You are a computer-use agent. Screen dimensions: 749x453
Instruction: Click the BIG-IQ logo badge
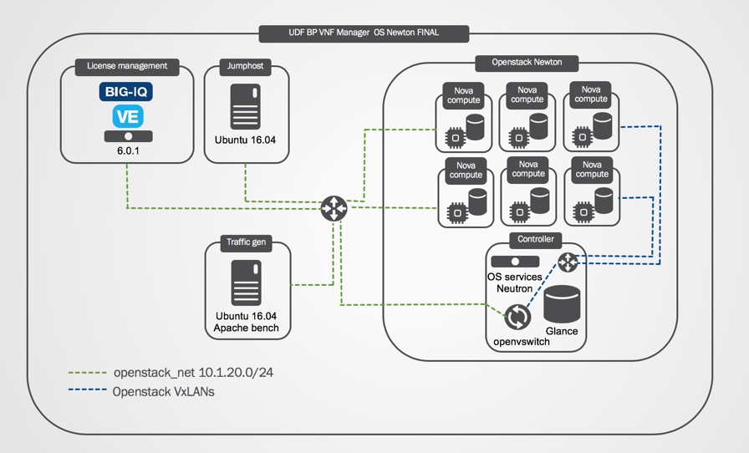(x=126, y=91)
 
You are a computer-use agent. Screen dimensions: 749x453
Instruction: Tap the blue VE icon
(x=128, y=116)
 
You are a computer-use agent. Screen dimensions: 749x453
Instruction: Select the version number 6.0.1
(x=128, y=150)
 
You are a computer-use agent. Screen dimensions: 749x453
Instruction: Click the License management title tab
(x=127, y=66)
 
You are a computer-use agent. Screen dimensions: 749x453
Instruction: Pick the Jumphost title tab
(x=245, y=66)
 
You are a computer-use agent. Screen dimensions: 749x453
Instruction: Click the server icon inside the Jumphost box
(x=246, y=106)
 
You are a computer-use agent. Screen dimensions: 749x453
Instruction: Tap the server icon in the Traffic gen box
(x=247, y=282)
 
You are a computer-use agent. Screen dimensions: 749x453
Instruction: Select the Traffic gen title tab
(x=246, y=242)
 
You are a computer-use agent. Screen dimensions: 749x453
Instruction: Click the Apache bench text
(x=246, y=328)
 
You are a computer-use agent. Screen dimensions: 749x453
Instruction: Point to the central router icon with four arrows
(x=334, y=208)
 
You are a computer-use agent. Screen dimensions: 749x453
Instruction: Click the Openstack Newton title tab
(x=527, y=63)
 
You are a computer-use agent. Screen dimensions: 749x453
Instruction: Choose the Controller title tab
(x=536, y=239)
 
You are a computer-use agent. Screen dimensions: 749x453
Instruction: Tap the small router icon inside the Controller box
(x=568, y=262)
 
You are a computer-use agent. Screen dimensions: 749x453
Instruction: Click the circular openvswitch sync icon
(x=517, y=317)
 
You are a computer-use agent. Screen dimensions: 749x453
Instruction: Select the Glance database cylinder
(x=562, y=304)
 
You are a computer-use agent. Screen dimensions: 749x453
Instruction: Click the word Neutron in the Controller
(x=514, y=288)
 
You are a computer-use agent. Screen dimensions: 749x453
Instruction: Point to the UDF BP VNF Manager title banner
(x=364, y=33)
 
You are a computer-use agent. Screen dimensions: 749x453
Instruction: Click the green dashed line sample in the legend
(x=88, y=372)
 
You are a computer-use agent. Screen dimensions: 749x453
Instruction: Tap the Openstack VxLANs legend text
(x=163, y=392)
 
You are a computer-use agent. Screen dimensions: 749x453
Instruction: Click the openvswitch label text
(x=522, y=342)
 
